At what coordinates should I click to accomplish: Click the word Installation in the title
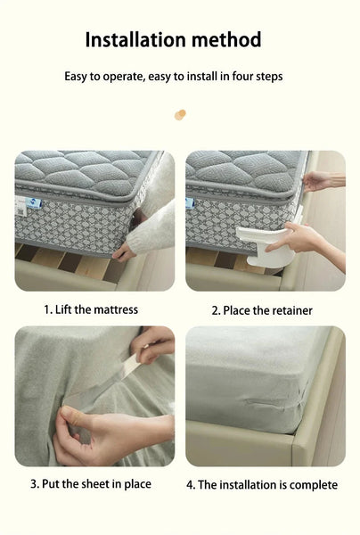[133, 40]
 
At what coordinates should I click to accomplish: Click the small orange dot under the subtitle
[180, 114]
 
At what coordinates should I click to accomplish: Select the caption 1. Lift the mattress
[91, 309]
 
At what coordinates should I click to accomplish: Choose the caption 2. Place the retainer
[262, 310]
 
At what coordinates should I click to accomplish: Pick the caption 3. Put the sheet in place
[91, 484]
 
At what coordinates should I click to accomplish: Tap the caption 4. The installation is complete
[262, 485]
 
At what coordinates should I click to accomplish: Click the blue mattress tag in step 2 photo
[190, 202]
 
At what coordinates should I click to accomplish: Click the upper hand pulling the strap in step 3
[156, 343]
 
